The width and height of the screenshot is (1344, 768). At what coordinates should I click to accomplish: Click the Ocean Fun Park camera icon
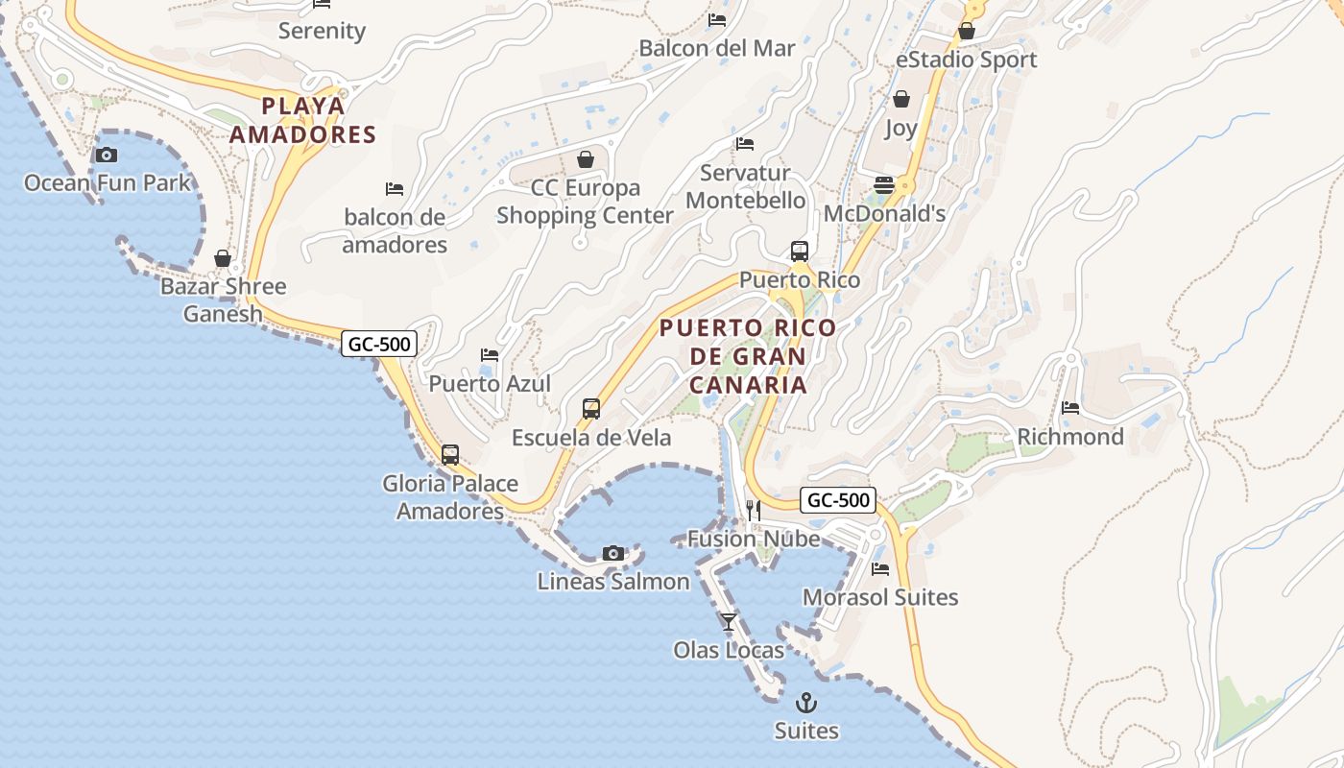tap(107, 155)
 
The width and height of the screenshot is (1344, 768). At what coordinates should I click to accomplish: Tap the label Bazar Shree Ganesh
tap(223, 300)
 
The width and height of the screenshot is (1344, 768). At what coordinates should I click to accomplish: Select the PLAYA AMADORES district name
tap(302, 120)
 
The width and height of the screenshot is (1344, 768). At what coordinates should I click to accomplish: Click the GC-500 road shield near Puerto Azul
tap(379, 344)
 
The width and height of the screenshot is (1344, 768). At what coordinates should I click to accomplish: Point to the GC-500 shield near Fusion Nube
tap(838, 500)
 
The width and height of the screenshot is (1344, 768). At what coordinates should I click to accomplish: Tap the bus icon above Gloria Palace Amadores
tap(450, 454)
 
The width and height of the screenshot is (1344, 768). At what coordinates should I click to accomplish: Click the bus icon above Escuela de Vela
tap(591, 409)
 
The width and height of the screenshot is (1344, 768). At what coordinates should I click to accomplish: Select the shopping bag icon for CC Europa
tap(585, 159)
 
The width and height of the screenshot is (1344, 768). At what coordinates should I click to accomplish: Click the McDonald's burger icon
tap(883, 185)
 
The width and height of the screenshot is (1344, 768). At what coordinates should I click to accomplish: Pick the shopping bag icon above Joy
tap(900, 99)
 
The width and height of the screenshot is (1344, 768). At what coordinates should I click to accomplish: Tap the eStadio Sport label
tap(966, 60)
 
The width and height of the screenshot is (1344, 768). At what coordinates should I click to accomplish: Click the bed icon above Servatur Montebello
tap(745, 144)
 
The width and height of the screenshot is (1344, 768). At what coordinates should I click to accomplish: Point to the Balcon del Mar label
tap(717, 48)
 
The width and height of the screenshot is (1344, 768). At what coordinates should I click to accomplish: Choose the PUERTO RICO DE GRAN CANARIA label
tap(748, 356)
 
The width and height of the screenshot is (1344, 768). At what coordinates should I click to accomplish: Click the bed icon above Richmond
tap(1070, 408)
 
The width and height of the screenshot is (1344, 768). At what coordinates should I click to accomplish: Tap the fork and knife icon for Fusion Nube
tap(754, 510)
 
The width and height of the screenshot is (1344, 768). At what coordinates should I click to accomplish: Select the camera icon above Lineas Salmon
tap(613, 553)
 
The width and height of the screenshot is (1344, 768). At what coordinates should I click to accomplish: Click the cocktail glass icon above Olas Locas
tap(729, 621)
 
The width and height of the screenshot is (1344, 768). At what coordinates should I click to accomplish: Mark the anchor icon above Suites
tap(806, 703)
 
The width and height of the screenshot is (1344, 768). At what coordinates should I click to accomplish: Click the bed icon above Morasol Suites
tap(880, 569)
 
